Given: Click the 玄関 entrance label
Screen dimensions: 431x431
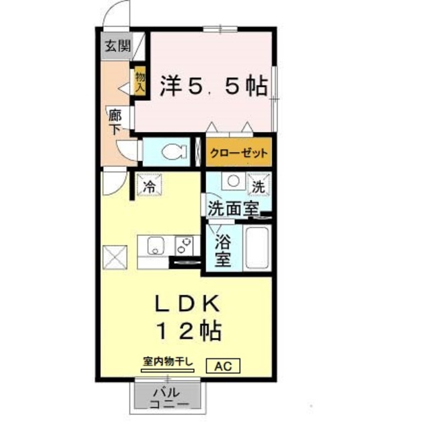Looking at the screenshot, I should (x=117, y=46).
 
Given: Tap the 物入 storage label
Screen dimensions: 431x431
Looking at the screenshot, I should (x=141, y=81).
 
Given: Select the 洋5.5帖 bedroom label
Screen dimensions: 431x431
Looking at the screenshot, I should (x=213, y=86).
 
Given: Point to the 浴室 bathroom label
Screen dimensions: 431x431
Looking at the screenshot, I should (x=223, y=250).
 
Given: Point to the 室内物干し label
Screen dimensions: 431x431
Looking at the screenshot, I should (x=168, y=362).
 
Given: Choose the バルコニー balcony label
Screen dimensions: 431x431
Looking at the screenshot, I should (x=165, y=397).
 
